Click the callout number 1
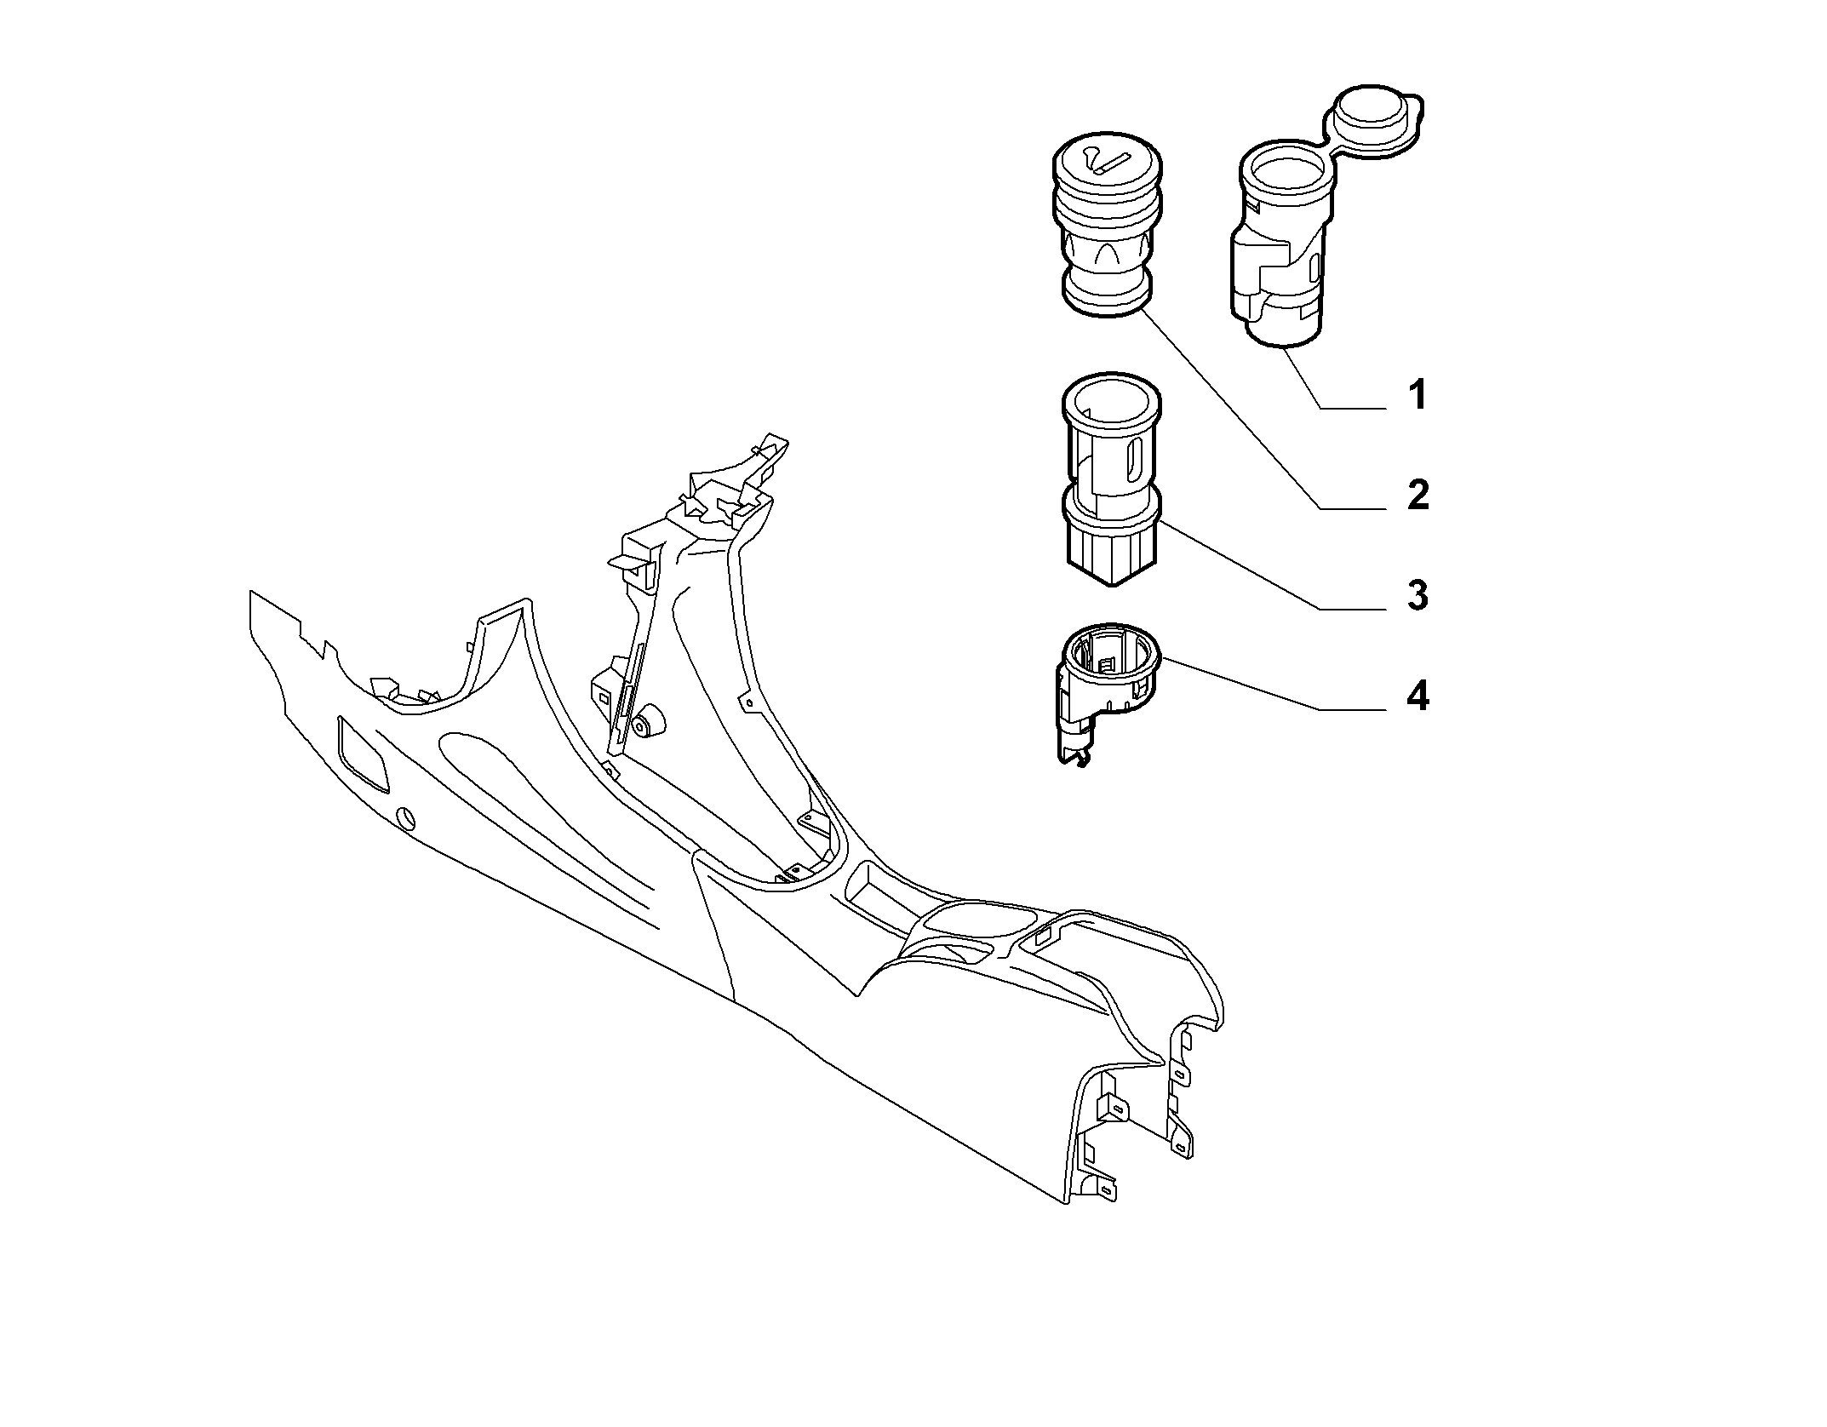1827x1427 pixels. pyautogui.click(x=1417, y=396)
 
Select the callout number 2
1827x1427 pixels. pyautogui.click(x=1417, y=496)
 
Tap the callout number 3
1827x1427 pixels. pyautogui.click(x=1417, y=595)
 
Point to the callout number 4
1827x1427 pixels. pyautogui.click(x=1417, y=696)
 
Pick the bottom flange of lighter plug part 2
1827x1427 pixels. pyautogui.click(x=1107, y=294)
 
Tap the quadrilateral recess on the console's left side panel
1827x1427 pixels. pyautogui.click(x=363, y=753)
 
